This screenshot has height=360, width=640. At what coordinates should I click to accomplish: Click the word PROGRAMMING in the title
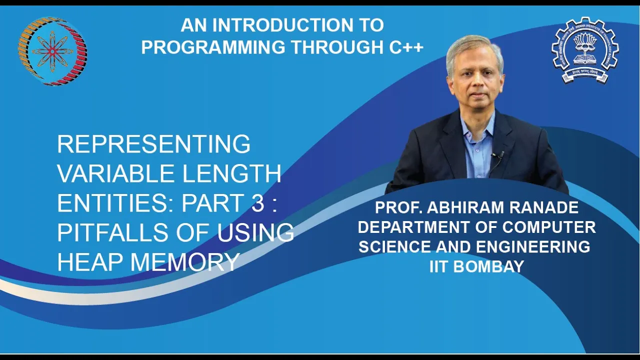pyautogui.click(x=213, y=47)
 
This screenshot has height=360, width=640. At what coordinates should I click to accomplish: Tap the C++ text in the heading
pyautogui.click(x=406, y=47)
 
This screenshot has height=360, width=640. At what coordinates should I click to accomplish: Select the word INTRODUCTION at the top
pyautogui.click(x=283, y=25)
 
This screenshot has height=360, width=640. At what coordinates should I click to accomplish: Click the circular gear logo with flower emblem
pyautogui.click(x=52, y=51)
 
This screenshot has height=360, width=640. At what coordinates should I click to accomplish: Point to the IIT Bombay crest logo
pyautogui.click(x=585, y=50)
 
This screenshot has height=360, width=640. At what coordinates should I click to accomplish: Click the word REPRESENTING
pyautogui.click(x=154, y=144)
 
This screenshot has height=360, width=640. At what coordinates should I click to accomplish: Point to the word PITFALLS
pyautogui.click(x=113, y=232)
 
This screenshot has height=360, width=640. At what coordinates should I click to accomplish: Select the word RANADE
pyautogui.click(x=544, y=207)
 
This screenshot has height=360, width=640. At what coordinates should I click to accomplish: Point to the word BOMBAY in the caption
pyautogui.click(x=489, y=266)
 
